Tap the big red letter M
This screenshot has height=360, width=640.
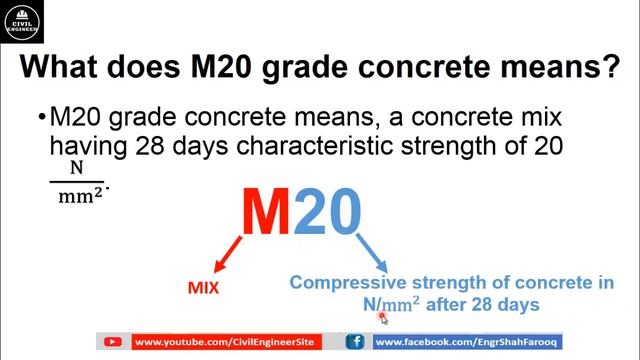tap(269, 212)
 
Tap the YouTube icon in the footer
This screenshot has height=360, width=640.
tap(113, 342)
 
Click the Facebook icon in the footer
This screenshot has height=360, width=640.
tap(355, 342)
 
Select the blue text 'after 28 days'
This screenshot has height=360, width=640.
tap(489, 305)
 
